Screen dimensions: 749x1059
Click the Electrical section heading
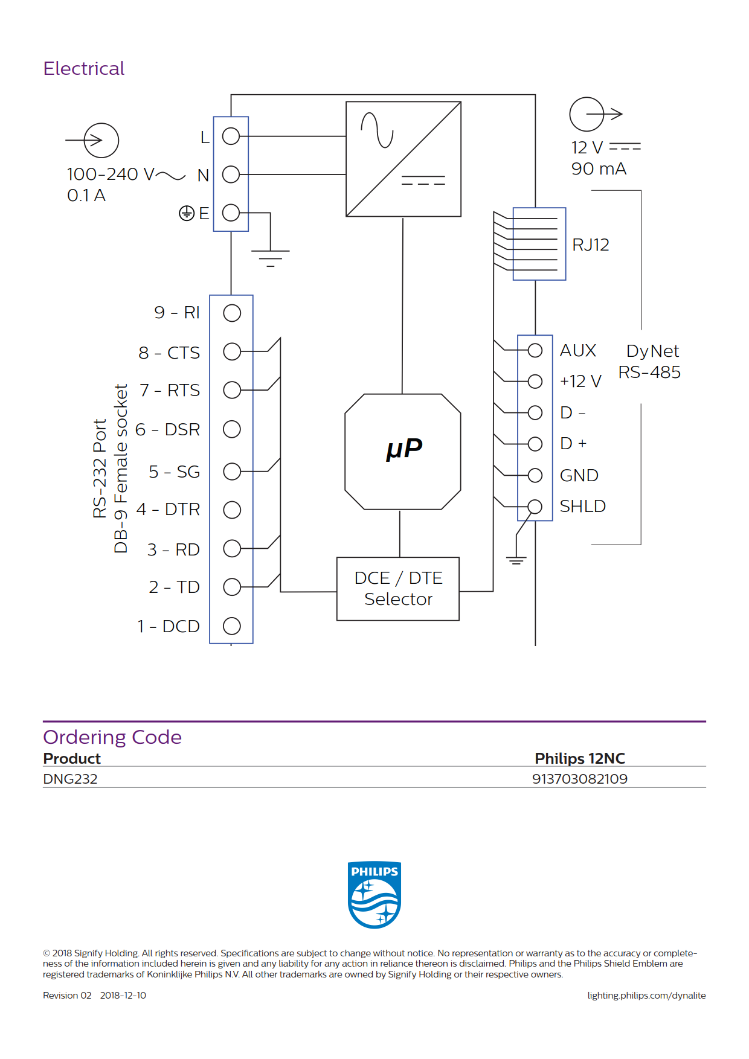84,68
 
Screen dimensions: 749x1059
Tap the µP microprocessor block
403,452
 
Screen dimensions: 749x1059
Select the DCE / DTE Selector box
398,589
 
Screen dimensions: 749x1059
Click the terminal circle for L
231,136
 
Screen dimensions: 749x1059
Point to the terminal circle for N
231,174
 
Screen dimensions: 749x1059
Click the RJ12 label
591,245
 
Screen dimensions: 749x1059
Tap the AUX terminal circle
535,350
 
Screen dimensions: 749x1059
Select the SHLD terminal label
583,506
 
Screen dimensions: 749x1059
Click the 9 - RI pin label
177,312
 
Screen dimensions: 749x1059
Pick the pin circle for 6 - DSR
232,429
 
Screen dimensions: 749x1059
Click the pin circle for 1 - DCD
232,626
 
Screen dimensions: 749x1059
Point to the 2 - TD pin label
174,587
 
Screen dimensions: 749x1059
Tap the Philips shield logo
374,895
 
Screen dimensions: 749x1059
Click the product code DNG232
70,779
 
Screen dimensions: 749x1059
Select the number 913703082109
580,779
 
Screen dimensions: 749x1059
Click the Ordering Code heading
112,737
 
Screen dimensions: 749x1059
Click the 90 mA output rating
599,169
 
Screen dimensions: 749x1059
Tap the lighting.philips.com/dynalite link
646,996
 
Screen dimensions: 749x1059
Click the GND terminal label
579,475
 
